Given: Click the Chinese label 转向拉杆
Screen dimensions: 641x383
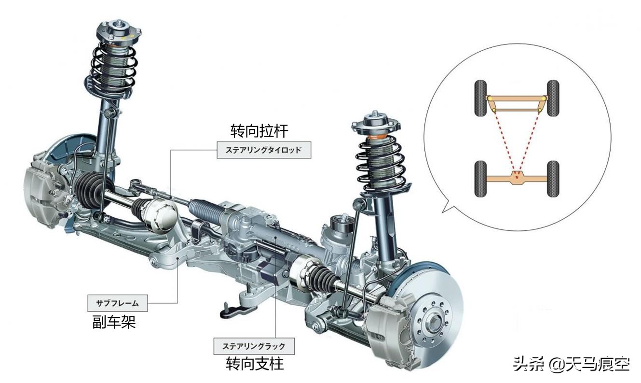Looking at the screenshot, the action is pyautogui.click(x=259, y=131).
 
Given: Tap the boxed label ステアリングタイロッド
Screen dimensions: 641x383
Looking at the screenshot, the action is pyautogui.click(x=264, y=150).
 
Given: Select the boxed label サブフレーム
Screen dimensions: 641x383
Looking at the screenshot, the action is pyautogui.click(x=118, y=303).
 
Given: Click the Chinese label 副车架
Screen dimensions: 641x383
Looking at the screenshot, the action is pyautogui.click(x=114, y=322).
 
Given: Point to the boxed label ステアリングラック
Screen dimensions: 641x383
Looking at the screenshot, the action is pyautogui.click(x=254, y=346).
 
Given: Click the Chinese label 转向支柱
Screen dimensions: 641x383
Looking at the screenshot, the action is pyautogui.click(x=255, y=364).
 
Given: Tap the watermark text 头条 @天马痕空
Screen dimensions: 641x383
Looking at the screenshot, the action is pyautogui.click(x=571, y=364).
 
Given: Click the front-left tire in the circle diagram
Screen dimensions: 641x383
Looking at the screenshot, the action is pyautogui.click(x=480, y=98).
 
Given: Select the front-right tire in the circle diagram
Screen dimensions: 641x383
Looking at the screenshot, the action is pyautogui.click(x=553, y=98).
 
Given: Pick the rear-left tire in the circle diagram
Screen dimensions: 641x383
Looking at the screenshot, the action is pyautogui.click(x=480, y=179).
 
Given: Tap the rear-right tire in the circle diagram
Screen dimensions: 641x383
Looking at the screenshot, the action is pyautogui.click(x=553, y=179).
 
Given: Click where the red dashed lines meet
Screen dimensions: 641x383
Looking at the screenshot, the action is pyautogui.click(x=517, y=178).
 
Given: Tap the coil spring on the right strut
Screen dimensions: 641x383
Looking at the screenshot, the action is pyautogui.click(x=382, y=163).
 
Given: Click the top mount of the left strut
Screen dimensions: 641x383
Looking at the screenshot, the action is pyautogui.click(x=119, y=31).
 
